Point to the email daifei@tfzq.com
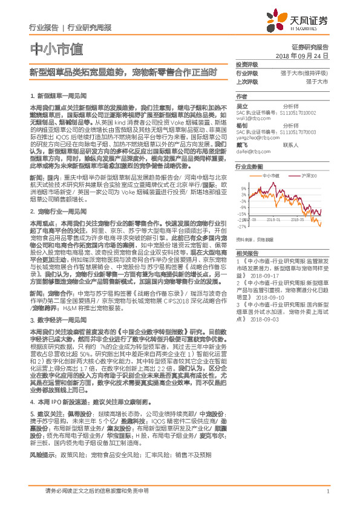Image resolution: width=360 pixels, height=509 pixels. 253,151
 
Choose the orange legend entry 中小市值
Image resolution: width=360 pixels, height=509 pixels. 270,175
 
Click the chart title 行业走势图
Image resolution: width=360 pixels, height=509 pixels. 249,166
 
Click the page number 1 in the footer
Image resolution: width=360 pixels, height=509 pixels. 327,491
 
